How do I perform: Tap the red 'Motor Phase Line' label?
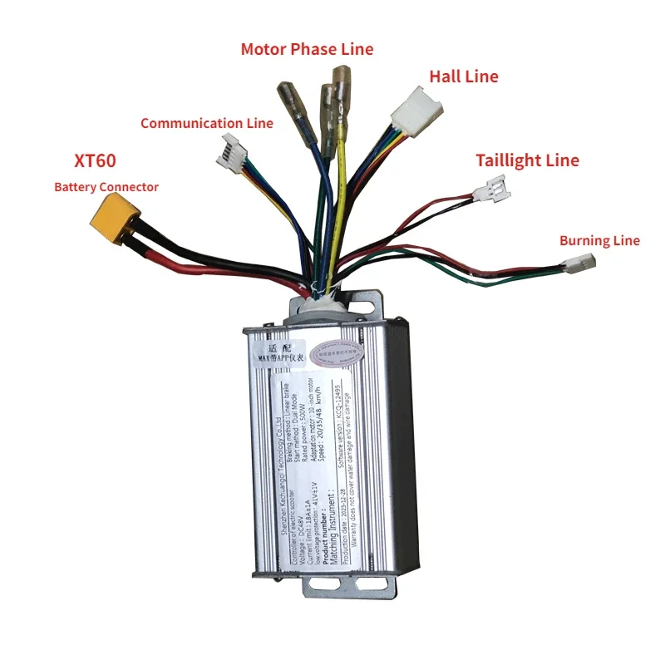click(307, 49)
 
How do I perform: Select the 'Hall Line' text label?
click(463, 76)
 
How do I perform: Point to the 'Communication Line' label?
click(206, 123)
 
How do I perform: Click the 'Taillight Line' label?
click(527, 160)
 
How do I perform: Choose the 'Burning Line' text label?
click(599, 241)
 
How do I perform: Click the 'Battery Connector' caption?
click(106, 187)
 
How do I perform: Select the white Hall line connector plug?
click(410, 109)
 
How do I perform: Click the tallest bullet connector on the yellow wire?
click(340, 82)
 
